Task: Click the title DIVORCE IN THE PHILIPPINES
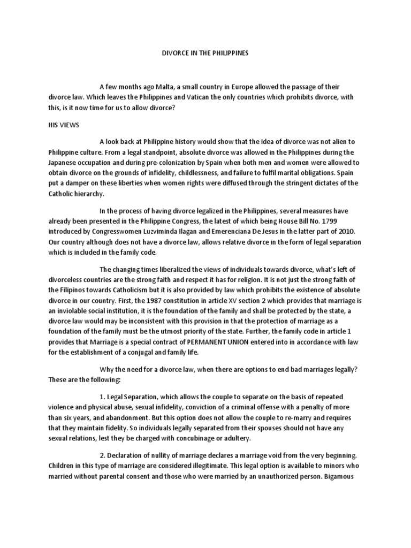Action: [x=205, y=54]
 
